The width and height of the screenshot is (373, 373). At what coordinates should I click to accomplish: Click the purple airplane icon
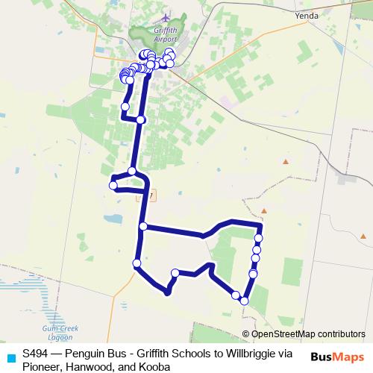click(x=165, y=17)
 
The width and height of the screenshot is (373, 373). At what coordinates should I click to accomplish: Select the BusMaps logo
click(x=336, y=357)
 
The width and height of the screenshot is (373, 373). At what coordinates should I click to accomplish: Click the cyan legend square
click(x=9, y=356)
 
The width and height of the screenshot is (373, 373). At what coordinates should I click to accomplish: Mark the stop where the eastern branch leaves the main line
click(x=142, y=226)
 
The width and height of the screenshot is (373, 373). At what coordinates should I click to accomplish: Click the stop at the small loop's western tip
click(x=113, y=185)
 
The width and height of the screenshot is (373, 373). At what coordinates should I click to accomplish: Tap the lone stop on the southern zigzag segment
click(x=175, y=273)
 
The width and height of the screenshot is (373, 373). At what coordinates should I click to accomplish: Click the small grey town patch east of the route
click(x=347, y=178)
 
